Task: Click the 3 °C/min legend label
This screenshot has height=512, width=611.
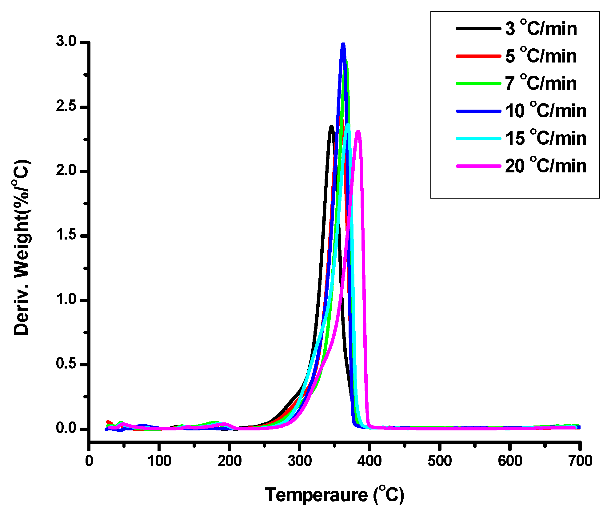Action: coord(541,29)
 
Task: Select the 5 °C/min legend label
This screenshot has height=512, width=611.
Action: coord(541,56)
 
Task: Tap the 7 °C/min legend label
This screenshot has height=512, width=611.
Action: coord(541,83)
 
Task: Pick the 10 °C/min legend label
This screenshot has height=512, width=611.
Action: coord(546,111)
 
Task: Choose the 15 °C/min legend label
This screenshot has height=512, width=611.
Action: coord(546,138)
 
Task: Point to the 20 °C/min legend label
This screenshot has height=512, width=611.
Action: coord(546,166)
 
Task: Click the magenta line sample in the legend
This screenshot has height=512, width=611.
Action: coord(478,166)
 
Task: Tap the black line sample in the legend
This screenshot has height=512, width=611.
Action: coord(478,29)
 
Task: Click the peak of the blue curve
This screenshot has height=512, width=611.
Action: coord(343,44)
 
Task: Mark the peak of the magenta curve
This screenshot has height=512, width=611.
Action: coord(358,131)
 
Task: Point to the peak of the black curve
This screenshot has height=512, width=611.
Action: coord(331,126)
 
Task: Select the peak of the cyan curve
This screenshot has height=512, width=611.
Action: coord(348,125)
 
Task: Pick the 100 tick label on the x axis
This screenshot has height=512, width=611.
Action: coord(159,461)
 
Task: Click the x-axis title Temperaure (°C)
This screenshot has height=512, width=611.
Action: coord(334,495)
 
